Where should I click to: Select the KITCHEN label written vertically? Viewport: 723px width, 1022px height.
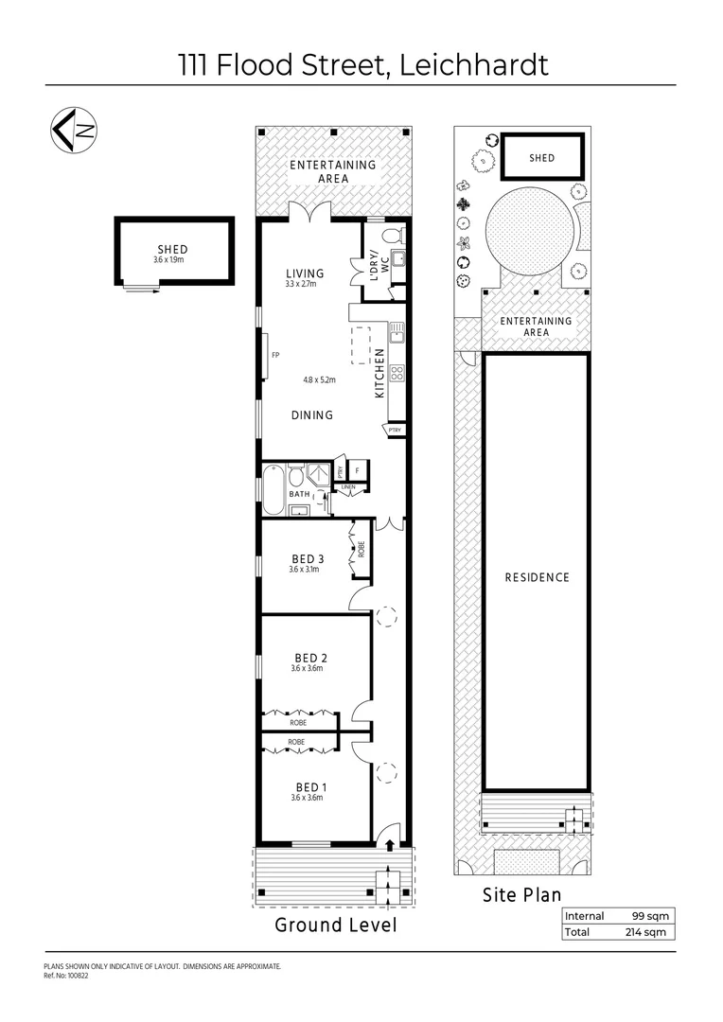(x=380, y=373)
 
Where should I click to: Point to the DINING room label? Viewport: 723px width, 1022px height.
(x=311, y=414)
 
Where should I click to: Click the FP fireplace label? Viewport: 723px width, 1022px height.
(x=275, y=355)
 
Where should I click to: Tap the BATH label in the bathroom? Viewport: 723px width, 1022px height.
(x=299, y=494)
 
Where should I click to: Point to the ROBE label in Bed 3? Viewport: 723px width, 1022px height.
(x=360, y=549)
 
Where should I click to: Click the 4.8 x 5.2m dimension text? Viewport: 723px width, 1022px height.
(x=320, y=380)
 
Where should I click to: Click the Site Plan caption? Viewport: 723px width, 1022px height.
(x=521, y=894)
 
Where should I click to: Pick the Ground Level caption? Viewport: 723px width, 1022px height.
(x=335, y=925)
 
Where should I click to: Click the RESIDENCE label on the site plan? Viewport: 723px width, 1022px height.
(x=537, y=577)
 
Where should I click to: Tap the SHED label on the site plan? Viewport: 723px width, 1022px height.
(x=541, y=158)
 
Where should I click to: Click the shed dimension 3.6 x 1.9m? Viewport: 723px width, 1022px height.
(x=173, y=259)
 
